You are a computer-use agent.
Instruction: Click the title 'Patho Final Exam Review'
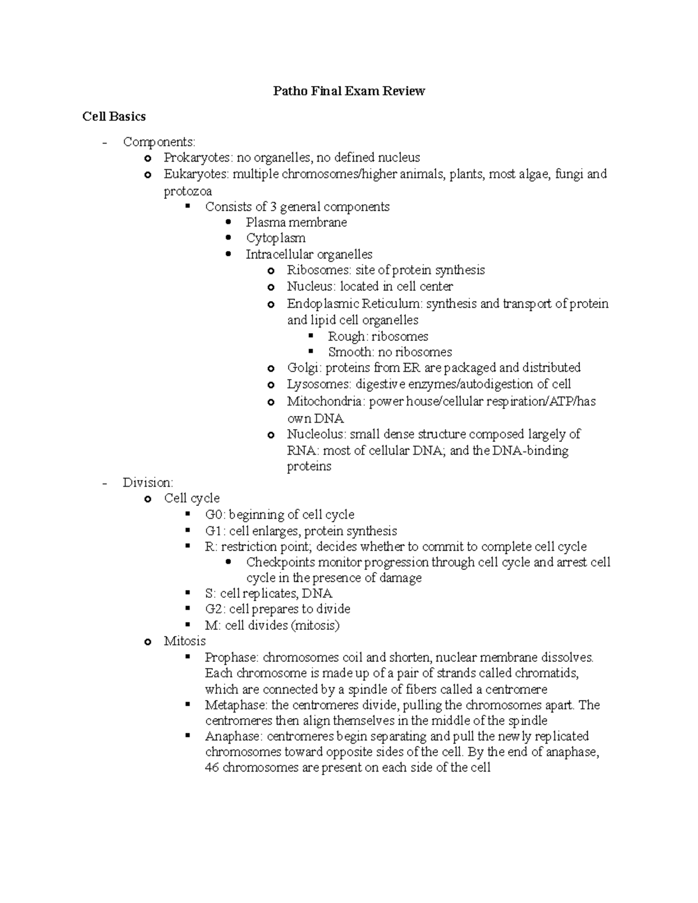click(x=349, y=91)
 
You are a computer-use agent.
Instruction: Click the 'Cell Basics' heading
click(x=114, y=116)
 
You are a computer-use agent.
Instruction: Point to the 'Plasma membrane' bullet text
click(x=296, y=222)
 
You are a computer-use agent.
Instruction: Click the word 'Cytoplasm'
click(x=275, y=238)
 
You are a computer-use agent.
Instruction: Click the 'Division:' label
click(x=148, y=483)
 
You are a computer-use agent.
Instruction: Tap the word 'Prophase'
click(x=230, y=658)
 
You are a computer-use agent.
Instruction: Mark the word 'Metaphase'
click(x=235, y=705)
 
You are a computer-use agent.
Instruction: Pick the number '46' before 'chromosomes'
click(x=212, y=768)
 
